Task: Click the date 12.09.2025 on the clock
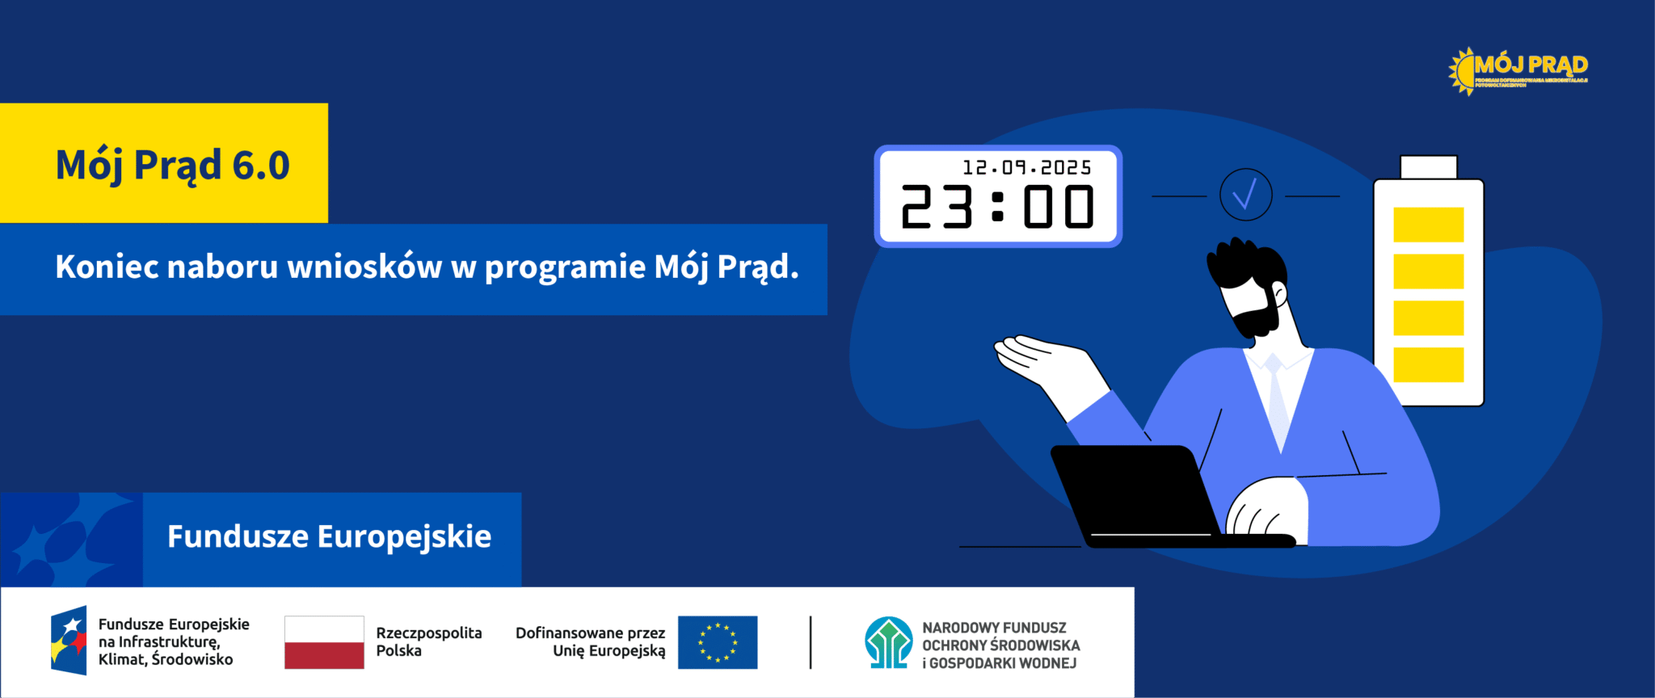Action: point(1026,167)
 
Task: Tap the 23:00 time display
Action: point(997,208)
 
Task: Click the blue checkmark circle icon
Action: point(1245,195)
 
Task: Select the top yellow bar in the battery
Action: point(1428,225)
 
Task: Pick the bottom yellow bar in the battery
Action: point(1428,364)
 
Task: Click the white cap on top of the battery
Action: point(1428,167)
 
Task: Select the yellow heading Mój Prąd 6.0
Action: point(172,165)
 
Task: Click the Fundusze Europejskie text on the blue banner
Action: point(329,537)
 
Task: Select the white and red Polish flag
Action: point(324,642)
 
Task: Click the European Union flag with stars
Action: point(717,642)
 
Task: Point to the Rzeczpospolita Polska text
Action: point(428,641)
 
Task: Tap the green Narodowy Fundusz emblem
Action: point(888,642)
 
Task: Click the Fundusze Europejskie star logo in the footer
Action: point(69,640)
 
